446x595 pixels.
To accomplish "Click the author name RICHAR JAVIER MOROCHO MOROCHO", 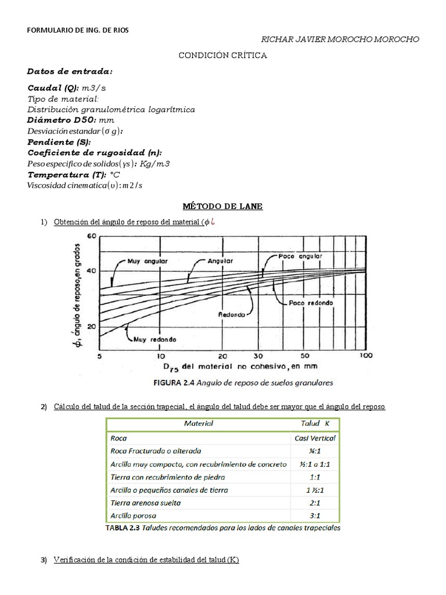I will pyautogui.click(x=340, y=40).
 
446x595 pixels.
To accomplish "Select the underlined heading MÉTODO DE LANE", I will pyautogui.click(x=222, y=206).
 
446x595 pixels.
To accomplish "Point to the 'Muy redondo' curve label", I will pyautogui.click(x=151, y=339).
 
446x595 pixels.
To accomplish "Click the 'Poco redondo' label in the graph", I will pyautogui.click(x=311, y=303).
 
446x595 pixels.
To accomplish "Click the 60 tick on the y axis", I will pyautogui.click(x=91, y=236).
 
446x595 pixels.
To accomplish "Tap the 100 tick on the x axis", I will pyautogui.click(x=364, y=356).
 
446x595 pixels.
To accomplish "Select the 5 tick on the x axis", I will pyautogui.click(x=100, y=356).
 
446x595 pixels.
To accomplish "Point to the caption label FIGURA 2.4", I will pyautogui.click(x=173, y=383).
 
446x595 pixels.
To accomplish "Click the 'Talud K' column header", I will pyautogui.click(x=315, y=424).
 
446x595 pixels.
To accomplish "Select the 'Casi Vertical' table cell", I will pyautogui.click(x=315, y=438).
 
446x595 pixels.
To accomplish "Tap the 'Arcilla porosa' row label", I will pyautogui.click(x=133, y=515).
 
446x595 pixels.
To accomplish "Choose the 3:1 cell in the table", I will pyautogui.click(x=315, y=515).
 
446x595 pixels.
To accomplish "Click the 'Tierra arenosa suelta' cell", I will pyautogui.click(x=146, y=503).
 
